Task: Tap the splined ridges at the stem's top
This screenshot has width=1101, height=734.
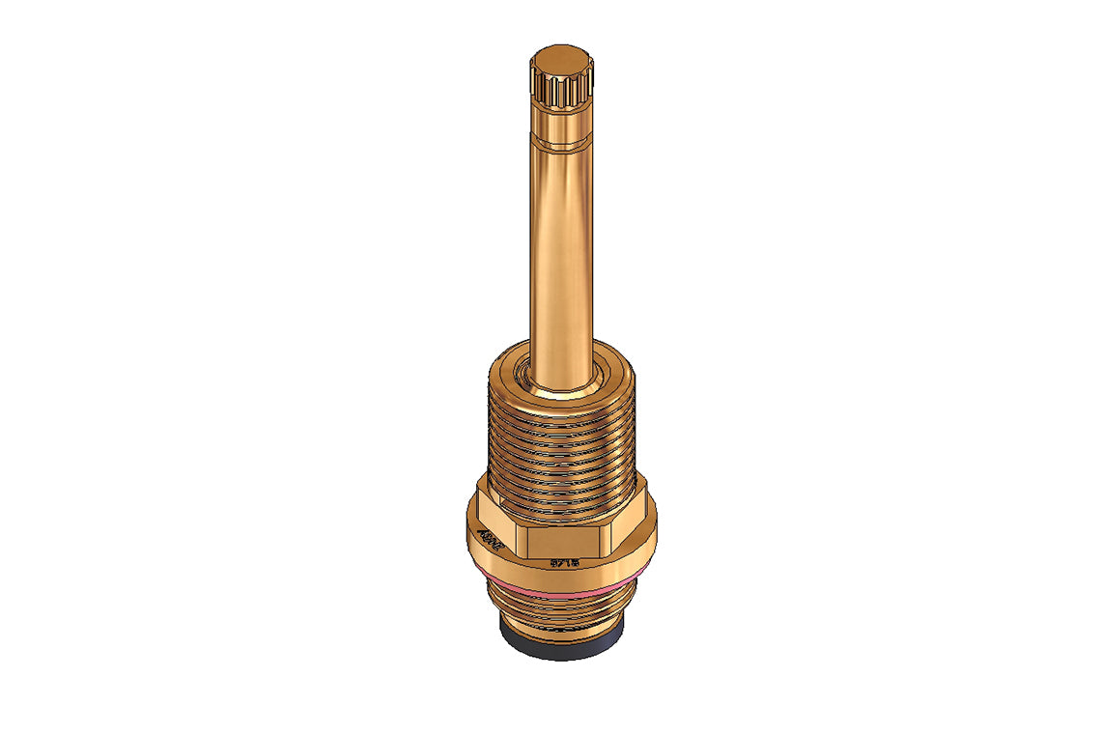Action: click(x=560, y=93)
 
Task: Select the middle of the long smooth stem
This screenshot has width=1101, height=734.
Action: click(x=560, y=251)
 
